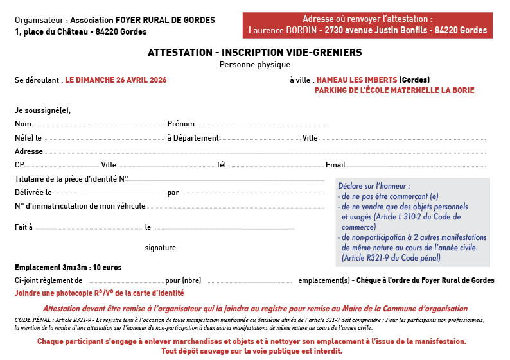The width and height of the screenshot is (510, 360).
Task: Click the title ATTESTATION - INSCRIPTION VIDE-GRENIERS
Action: coord(254,52)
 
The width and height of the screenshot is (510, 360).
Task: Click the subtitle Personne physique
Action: coord(254,64)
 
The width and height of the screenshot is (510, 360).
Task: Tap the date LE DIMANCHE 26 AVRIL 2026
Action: coord(116,80)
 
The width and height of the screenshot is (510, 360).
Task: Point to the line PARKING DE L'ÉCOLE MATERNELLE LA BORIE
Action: coord(394,90)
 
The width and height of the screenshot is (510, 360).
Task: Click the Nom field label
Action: coord(23,124)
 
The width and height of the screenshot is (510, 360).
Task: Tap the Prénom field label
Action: coord(180,124)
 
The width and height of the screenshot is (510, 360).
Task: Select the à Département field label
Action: coord(193,138)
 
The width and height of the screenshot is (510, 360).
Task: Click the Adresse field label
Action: coord(29,151)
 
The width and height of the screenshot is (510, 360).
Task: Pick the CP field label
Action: coord(19,165)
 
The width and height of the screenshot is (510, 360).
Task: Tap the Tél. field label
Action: coord(222,165)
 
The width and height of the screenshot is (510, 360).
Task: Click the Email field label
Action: coord(335,165)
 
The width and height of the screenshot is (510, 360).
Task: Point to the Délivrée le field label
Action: coord(33,193)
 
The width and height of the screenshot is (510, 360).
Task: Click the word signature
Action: coord(160,248)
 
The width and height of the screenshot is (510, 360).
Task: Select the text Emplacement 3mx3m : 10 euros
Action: coord(68,267)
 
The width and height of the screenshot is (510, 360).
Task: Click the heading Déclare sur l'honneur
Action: coord(373,186)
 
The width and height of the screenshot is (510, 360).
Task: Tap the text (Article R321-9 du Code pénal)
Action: coord(391,258)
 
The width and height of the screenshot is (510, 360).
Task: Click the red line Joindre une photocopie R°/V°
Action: coord(99,293)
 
